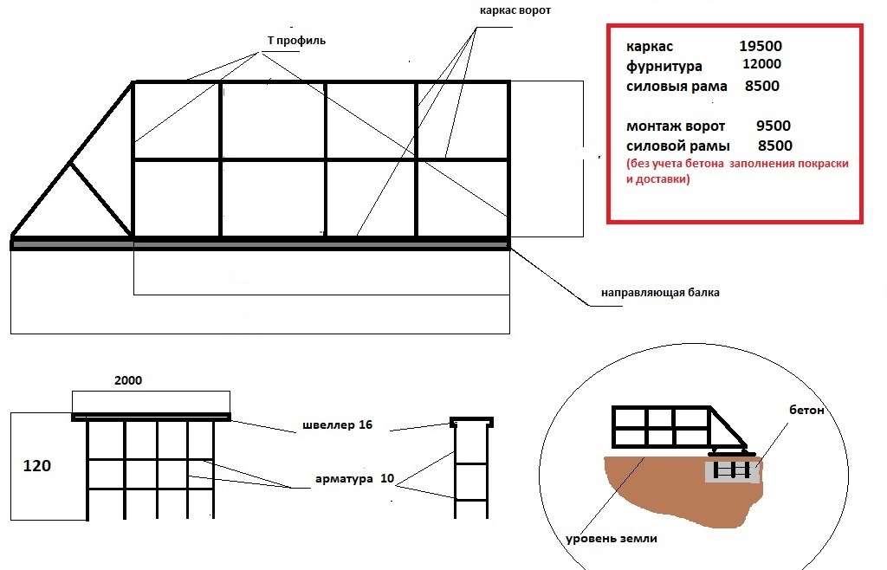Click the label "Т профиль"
pos(296,41)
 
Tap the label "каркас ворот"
pos(515,12)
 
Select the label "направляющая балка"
pos(660,293)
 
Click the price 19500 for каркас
pos(761,47)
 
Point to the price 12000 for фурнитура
pos(762,65)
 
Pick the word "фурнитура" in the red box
pos(664,67)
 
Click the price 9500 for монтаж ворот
pos(773,126)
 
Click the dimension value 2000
pos(127,380)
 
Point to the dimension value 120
pos(36,466)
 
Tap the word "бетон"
pos(806,409)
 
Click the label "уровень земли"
pos(611,539)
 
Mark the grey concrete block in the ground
pos(732,471)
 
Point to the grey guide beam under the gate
pos(260,245)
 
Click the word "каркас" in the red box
pos(648,47)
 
